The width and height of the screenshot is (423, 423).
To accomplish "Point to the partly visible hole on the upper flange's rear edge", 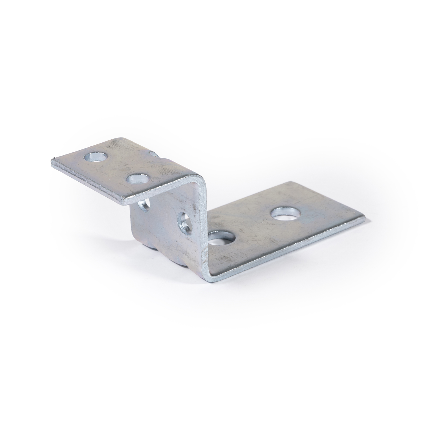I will click(x=154, y=154).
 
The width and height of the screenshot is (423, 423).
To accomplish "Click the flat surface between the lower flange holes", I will click(x=254, y=226).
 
